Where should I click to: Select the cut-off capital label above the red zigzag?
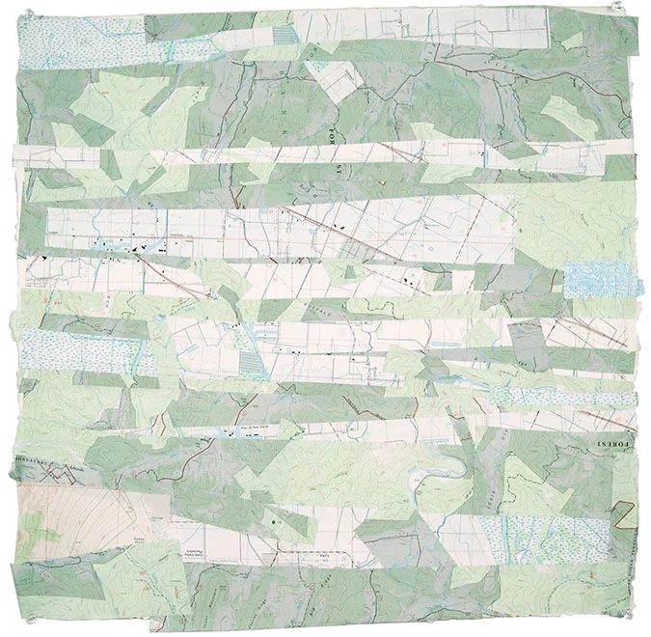[39, 460]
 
